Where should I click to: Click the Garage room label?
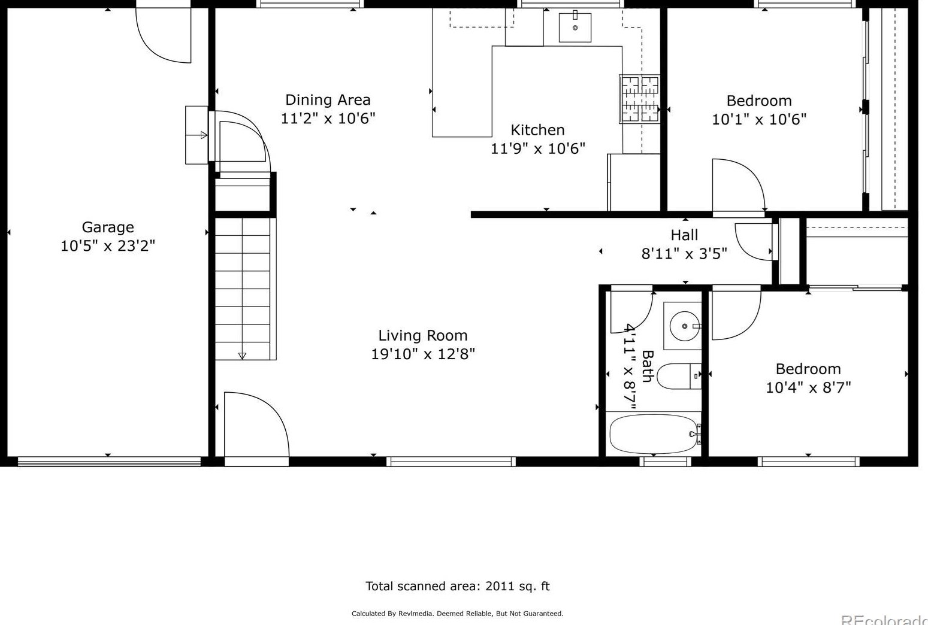pyautogui.click(x=108, y=227)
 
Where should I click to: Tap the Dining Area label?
pyautogui.click(x=328, y=100)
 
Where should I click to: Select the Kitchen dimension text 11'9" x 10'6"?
pyautogui.click(x=538, y=148)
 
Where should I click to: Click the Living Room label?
pyautogui.click(x=422, y=335)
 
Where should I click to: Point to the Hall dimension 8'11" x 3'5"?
pyautogui.click(x=684, y=253)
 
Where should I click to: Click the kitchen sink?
pyautogui.click(x=575, y=28)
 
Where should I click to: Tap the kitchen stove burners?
pyautogui.click(x=639, y=99)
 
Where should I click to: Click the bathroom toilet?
pyautogui.click(x=679, y=376)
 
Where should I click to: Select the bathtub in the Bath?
pyautogui.click(x=654, y=435)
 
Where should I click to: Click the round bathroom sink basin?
pyautogui.click(x=684, y=326)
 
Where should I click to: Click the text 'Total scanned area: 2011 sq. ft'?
pyautogui.click(x=457, y=586)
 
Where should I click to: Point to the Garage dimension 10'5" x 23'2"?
pyautogui.click(x=108, y=246)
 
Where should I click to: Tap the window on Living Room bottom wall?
pyautogui.click(x=451, y=462)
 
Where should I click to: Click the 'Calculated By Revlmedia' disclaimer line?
pyautogui.click(x=457, y=614)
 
